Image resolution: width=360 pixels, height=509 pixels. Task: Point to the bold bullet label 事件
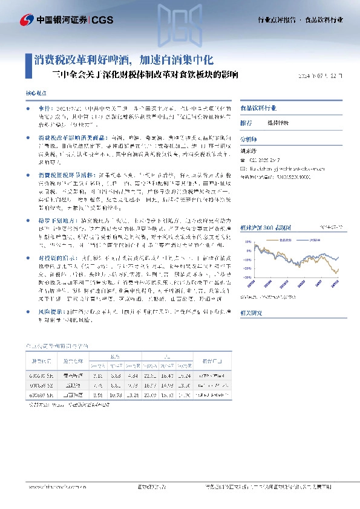point(43,107)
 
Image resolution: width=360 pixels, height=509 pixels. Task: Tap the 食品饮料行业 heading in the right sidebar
point(258,108)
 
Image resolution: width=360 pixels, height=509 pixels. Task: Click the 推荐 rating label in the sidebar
point(246,122)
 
